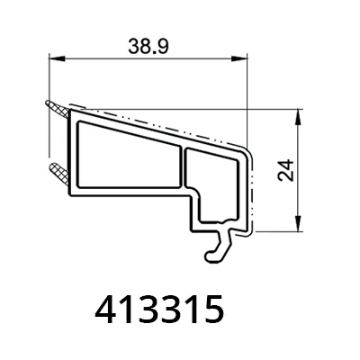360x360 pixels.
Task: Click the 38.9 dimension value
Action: (148, 47)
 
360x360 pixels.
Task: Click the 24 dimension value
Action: (286, 170)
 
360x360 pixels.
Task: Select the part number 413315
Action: (159, 310)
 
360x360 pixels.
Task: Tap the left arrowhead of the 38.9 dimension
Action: (57, 58)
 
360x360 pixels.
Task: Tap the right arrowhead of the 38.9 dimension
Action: (239, 58)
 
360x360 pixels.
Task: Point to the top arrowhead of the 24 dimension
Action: (298, 117)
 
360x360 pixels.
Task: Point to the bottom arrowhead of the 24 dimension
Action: (298, 223)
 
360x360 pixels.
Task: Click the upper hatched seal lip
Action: (58, 110)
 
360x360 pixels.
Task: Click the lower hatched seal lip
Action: (58, 174)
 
